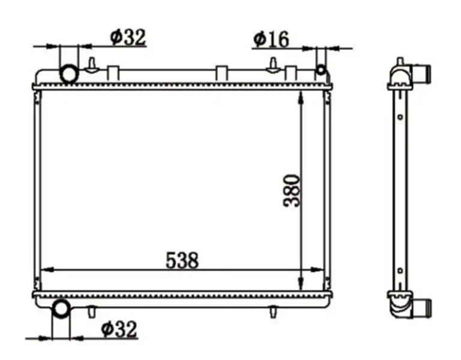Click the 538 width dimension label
point(182,260)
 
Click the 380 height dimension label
point(292,191)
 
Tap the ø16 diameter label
point(271,39)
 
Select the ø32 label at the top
point(128,37)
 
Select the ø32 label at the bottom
point(119,329)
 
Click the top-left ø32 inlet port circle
point(70,73)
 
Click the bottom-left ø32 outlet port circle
point(61,308)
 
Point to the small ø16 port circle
point(321,70)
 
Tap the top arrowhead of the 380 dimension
point(301,97)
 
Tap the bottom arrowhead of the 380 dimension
point(301,283)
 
